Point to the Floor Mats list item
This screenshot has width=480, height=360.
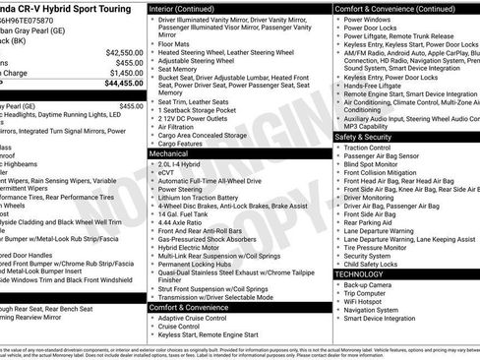click(x=174, y=43)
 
